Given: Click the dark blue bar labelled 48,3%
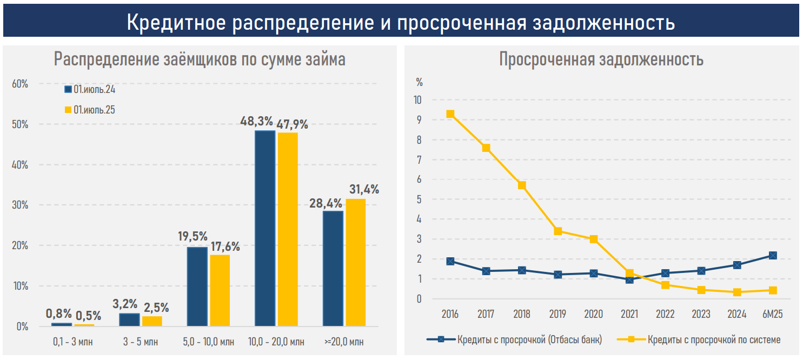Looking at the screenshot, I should [265, 228].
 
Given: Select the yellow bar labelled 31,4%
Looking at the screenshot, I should [355, 262].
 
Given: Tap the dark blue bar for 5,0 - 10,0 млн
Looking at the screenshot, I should [197, 286].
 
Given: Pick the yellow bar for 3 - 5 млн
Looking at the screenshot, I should [152, 321].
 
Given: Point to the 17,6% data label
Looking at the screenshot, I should [225, 246].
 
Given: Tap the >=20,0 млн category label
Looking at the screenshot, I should [344, 342].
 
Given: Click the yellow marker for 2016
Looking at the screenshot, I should [450, 114].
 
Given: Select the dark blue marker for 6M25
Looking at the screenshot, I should [773, 255].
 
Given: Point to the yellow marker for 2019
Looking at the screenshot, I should [558, 231].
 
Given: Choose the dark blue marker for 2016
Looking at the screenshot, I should [450, 261].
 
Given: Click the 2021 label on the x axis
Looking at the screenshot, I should [629, 314].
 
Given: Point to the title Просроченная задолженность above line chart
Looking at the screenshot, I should [601, 59].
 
